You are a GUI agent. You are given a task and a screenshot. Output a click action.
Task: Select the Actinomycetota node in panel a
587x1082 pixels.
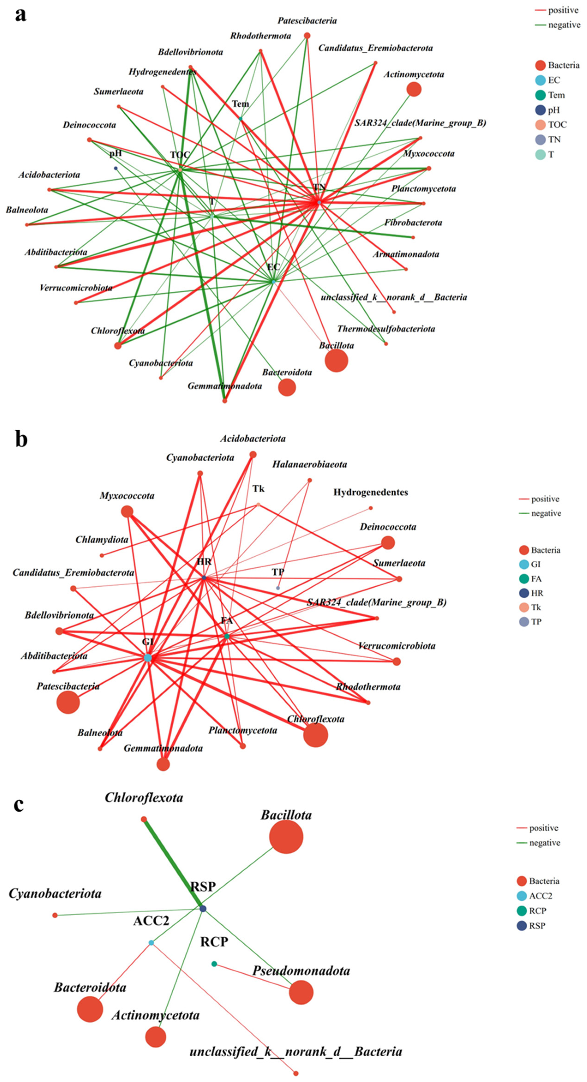point(413,89)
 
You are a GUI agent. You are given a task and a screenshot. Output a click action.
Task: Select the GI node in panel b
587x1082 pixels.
point(148,657)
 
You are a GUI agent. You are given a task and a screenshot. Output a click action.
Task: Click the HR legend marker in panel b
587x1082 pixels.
point(524,593)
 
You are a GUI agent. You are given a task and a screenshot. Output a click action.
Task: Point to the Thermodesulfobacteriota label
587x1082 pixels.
point(386,329)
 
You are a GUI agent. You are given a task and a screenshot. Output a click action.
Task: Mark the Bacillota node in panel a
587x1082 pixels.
point(336,360)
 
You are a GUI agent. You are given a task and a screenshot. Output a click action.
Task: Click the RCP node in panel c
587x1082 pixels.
point(214,964)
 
